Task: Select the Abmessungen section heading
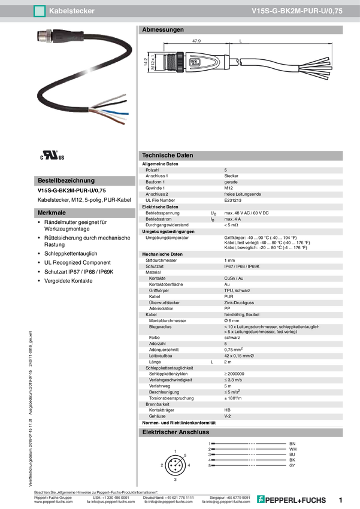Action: (x=163, y=29)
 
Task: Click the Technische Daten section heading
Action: (x=167, y=155)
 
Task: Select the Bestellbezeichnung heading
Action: (x=66, y=180)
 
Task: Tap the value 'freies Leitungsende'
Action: (x=243, y=194)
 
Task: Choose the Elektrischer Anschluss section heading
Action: (x=175, y=432)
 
